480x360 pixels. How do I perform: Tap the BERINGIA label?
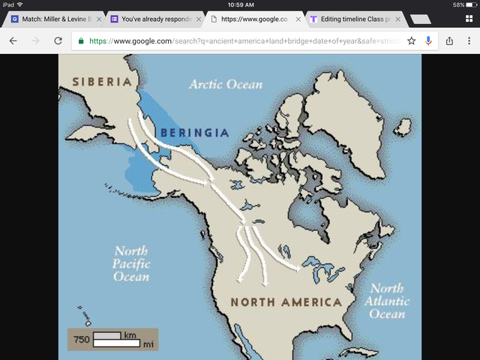(193, 132)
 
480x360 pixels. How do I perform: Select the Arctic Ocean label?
(226, 84)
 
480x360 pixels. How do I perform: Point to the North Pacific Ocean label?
(131, 264)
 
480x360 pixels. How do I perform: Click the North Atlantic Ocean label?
(387, 301)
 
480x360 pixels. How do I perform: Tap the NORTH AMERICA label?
(286, 302)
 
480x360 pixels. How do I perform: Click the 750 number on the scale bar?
(82, 340)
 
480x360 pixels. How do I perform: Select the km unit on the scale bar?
(130, 334)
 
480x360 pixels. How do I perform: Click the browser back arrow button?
(13, 40)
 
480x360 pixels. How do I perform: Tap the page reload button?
(58, 40)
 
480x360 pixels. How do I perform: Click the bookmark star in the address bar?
(411, 40)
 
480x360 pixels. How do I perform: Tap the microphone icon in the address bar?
(428, 40)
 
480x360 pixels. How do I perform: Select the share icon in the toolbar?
(450, 40)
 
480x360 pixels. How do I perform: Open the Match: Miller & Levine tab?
(52, 18)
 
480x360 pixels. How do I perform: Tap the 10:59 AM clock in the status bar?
(240, 4)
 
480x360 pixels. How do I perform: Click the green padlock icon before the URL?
(81, 40)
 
